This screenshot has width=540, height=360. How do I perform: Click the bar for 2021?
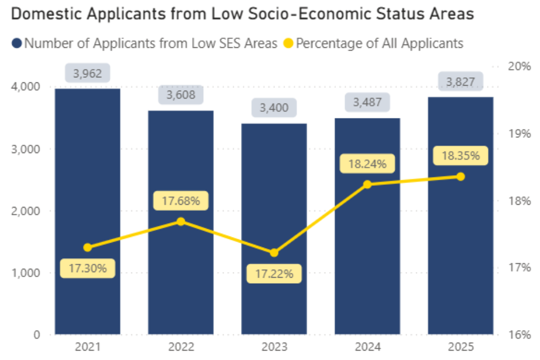pos(87,211)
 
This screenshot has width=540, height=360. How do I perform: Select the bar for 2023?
pos(274,229)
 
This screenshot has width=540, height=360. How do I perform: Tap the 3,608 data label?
pos(181,95)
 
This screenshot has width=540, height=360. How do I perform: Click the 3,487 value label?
pos(367,102)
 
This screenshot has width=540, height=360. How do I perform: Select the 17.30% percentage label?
pos(87,268)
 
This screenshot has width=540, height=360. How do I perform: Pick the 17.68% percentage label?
pos(181,200)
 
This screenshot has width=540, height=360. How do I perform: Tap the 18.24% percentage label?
pos(367,164)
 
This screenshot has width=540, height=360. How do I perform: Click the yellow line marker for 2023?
pos(274,253)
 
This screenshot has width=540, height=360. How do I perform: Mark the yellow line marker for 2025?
pos(460,176)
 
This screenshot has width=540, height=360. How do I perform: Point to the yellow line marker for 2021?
pos(87,247)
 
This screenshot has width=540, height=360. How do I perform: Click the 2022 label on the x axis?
pos(181,347)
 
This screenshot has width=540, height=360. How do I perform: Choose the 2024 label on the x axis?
pos(367,347)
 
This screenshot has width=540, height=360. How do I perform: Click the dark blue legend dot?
pos(17,43)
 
